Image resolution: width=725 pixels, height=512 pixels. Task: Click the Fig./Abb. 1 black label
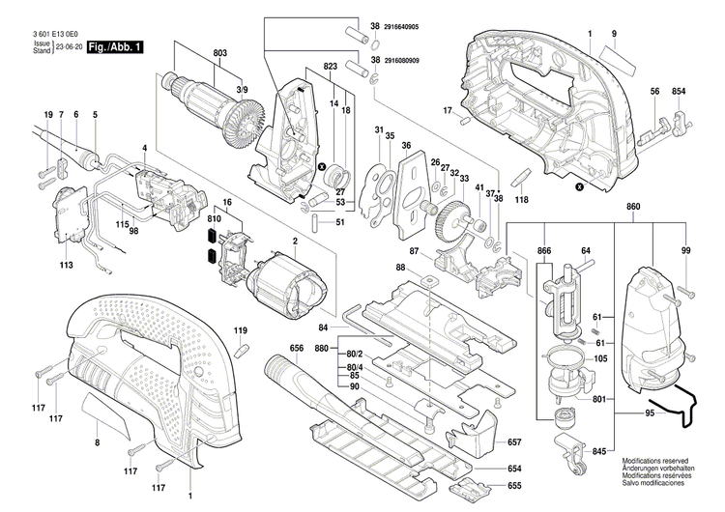point(115,45)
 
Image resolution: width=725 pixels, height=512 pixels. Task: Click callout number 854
point(679,91)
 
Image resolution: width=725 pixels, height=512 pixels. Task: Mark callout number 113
point(66,263)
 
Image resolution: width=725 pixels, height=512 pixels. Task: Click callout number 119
point(242,330)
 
